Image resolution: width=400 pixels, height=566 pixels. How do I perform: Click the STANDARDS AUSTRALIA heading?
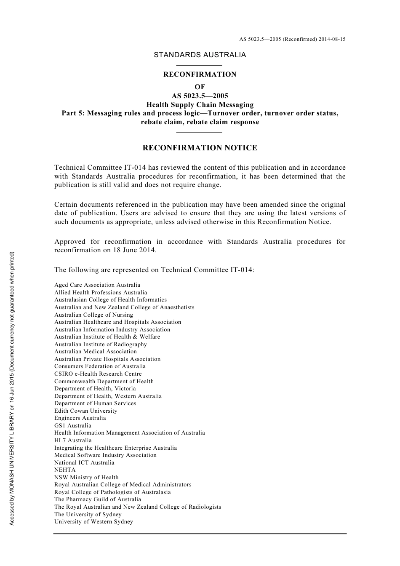pos(200,55)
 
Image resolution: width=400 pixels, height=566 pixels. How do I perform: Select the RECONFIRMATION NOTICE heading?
pos(200,148)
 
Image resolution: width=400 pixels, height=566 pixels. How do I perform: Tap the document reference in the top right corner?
pos(292,39)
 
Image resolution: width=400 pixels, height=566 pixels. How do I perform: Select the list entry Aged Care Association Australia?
pos(97,285)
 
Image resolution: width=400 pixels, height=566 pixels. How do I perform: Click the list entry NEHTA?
pos(65,470)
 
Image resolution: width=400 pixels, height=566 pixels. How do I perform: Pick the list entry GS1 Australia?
pos(73,426)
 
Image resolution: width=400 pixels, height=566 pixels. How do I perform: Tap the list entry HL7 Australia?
pos(73,441)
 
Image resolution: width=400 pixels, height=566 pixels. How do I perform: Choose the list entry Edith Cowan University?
pos(86,411)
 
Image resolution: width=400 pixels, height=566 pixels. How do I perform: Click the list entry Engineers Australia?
pos(80,418)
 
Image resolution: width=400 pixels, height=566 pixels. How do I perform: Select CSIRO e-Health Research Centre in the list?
pos(98,374)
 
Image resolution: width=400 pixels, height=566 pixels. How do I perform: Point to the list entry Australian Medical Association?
pos(96,352)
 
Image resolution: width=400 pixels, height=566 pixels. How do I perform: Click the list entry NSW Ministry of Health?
pos(86,478)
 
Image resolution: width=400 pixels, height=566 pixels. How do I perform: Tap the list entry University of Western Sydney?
pos(93,522)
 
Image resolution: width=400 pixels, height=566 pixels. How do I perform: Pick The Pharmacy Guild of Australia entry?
pos(98,499)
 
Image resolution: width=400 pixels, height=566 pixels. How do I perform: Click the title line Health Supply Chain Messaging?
pos(200,105)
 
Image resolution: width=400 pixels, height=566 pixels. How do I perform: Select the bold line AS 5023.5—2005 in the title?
pos(200,96)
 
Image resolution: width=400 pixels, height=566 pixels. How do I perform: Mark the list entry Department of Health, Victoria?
pos(95,389)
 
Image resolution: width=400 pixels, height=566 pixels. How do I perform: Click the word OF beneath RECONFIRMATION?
pos(200,87)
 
